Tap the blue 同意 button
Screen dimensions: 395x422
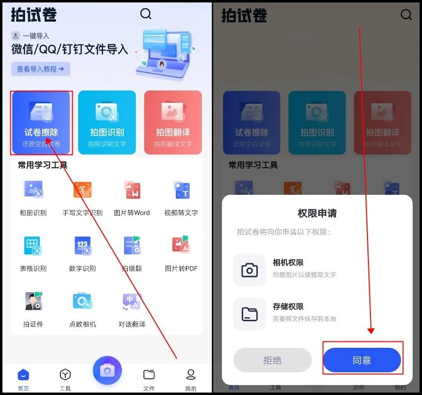pos(362,360)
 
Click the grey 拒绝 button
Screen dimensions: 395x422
pos(272,360)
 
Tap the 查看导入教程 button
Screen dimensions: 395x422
pos(41,69)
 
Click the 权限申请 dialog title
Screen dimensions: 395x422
pos(317,213)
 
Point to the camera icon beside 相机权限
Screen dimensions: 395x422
pos(250,270)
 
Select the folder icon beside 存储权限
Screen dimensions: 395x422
pos(250,313)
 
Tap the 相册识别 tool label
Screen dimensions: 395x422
pos(33,213)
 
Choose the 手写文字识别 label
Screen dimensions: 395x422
pos(83,213)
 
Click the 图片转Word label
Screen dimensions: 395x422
pos(132,213)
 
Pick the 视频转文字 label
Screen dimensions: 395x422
pos(181,213)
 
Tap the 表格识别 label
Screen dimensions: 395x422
pos(33,269)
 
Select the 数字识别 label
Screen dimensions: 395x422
pos(83,269)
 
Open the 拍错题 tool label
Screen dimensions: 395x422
pos(132,269)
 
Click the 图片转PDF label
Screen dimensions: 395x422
pos(181,269)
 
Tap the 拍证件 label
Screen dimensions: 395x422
pos(33,324)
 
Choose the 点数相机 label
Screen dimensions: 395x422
pos(83,324)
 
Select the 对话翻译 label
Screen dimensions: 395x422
pos(132,324)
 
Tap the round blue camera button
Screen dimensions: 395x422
pos(107,370)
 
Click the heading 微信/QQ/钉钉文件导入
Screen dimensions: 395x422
pos(70,50)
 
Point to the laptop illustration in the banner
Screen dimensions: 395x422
pos(165,54)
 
